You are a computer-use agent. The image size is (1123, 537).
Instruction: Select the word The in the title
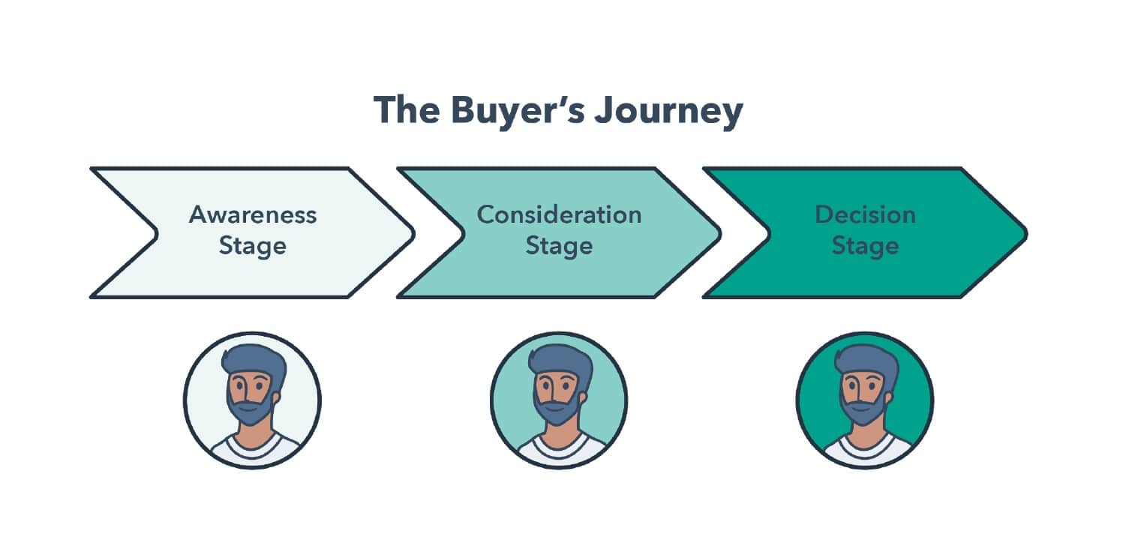[407, 111]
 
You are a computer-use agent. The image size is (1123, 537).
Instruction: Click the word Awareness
[253, 214]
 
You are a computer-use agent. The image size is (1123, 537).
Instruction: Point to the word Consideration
[559, 214]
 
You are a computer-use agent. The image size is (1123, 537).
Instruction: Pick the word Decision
[865, 214]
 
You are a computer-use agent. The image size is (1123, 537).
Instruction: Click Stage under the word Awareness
[253, 246]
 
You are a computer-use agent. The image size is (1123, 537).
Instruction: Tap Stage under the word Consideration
[559, 246]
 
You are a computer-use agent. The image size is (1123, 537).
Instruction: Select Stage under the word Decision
[865, 246]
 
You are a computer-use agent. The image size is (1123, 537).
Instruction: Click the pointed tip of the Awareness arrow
[412, 233]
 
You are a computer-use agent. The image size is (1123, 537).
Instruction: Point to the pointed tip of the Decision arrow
[1025, 233]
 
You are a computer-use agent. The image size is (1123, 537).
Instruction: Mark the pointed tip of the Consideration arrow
[719, 233]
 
